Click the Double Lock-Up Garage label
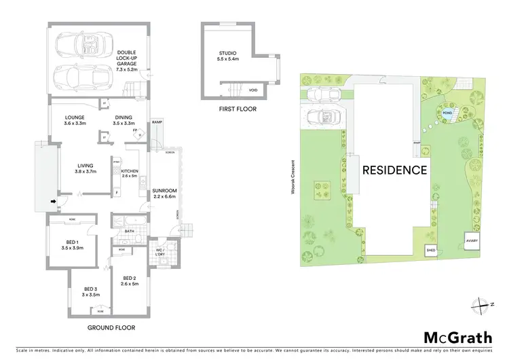click(127, 60)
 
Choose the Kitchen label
click(129, 173)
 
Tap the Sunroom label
click(165, 193)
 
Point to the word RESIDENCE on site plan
click(394, 170)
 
